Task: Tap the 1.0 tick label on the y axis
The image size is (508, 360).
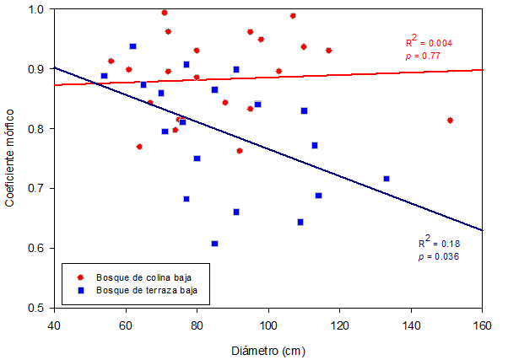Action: coord(37,9)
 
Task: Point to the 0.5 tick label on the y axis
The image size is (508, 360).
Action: coord(37,308)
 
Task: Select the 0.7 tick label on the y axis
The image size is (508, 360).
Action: coord(37,188)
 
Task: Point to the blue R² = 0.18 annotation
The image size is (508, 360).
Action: coord(438,244)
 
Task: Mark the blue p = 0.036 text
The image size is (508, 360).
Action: coord(439,256)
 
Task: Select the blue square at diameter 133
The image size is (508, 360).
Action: coord(386,179)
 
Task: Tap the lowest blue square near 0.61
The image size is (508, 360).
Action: coord(215,244)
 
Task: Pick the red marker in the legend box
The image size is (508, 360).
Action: coord(80,276)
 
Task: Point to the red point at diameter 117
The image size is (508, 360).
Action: coord(328,51)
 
